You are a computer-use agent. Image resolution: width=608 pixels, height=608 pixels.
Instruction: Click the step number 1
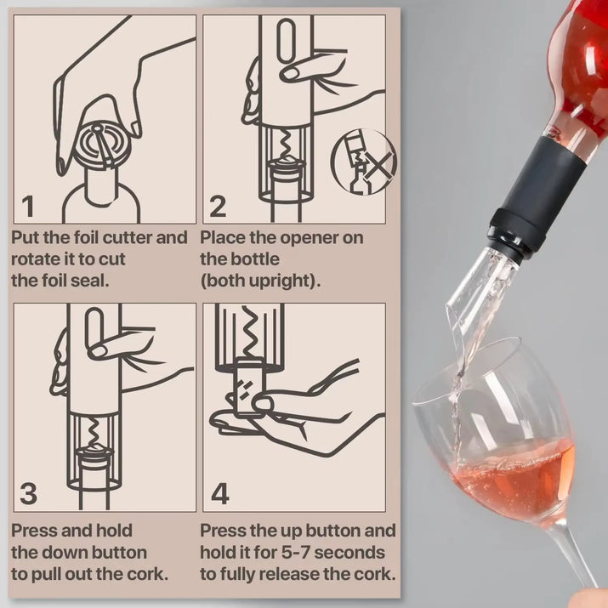(28, 207)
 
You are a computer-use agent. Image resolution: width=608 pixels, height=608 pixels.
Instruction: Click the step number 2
(219, 207)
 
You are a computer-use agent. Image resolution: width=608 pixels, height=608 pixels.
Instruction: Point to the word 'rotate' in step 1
(37, 259)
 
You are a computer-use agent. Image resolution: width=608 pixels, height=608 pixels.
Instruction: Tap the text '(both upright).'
(260, 281)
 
